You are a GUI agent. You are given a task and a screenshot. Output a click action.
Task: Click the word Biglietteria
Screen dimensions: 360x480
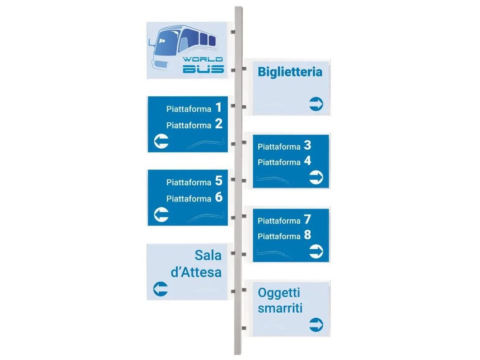[290, 72]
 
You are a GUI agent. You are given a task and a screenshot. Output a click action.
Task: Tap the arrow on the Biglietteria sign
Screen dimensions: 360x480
[316, 104]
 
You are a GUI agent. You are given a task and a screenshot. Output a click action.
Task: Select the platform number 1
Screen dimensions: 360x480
[218, 108]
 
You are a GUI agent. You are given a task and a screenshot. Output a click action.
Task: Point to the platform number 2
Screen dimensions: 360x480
[218, 124]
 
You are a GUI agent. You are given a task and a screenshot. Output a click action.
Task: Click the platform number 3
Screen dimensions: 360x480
[308, 145]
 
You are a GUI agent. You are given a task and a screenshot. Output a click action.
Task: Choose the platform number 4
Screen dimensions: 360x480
[308, 161]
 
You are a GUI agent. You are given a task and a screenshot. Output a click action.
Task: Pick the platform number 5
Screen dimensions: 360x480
[218, 181]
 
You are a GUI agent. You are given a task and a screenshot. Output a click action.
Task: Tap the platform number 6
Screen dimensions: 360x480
[218, 197]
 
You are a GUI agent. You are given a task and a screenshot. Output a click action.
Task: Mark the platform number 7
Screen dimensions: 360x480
[308, 220]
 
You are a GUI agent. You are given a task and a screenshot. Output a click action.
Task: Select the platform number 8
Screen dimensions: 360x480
[308, 235]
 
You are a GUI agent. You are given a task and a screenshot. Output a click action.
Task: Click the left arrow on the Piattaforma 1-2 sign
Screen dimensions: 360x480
[161, 142]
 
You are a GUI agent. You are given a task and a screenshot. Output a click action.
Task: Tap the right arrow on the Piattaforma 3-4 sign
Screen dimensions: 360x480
[316, 177]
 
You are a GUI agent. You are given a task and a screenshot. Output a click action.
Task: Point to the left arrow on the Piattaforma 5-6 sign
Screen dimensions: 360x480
[161, 215]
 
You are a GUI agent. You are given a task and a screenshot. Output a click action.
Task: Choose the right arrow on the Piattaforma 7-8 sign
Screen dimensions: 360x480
[316, 252]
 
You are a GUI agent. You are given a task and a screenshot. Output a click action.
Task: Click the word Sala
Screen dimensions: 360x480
[208, 255]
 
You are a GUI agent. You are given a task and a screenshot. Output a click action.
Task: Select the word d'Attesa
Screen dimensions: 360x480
[196, 272]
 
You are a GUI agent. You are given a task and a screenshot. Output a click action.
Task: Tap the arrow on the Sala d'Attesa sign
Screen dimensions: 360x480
[161, 290]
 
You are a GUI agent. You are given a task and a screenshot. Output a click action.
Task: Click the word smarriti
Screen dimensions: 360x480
[280, 308]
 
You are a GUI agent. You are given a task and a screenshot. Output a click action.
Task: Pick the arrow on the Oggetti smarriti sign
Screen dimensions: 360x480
[316, 324]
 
